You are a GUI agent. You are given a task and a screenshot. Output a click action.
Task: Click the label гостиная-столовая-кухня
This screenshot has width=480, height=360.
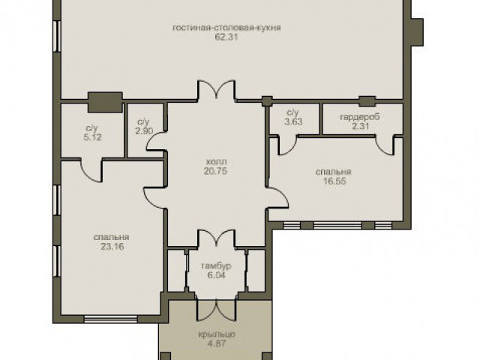[x=226, y=28]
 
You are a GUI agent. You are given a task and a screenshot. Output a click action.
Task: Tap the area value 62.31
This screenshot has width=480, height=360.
[x=226, y=37]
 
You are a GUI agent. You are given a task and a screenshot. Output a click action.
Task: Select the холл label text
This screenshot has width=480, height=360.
[x=217, y=162]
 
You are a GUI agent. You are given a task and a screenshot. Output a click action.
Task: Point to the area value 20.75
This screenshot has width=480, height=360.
[x=215, y=171]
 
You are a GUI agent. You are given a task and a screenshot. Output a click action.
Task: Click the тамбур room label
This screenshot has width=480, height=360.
[x=216, y=265]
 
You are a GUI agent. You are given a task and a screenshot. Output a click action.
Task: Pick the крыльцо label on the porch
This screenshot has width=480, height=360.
[x=217, y=334]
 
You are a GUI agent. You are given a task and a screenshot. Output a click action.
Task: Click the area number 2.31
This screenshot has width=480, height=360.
[x=360, y=126]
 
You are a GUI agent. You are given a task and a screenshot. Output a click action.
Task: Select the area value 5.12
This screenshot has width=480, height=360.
[x=92, y=137]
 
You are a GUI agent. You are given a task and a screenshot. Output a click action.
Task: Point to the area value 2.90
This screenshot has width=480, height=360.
[x=144, y=130]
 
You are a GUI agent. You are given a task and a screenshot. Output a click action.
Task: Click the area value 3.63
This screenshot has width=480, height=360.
[x=293, y=121]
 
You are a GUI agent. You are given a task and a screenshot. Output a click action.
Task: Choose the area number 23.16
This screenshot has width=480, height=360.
[x=112, y=247]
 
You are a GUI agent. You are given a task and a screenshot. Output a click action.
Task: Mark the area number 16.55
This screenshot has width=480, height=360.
[x=334, y=181]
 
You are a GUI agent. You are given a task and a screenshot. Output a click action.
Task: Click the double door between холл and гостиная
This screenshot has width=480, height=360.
[x=217, y=89]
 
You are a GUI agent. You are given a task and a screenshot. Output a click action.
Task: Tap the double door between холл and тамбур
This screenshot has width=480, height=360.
[x=217, y=238]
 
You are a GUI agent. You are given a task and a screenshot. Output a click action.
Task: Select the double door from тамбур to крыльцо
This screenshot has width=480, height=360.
[x=217, y=310]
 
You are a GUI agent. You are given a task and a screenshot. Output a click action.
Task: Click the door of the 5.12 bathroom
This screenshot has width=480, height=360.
[x=91, y=170]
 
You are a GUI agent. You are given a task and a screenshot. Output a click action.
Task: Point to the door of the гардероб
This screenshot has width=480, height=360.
[x=385, y=145]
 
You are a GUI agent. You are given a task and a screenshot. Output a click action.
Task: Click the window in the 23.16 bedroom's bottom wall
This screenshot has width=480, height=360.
[x=110, y=319]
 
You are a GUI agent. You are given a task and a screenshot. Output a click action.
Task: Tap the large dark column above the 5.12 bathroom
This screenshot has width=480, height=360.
[x=105, y=102]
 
